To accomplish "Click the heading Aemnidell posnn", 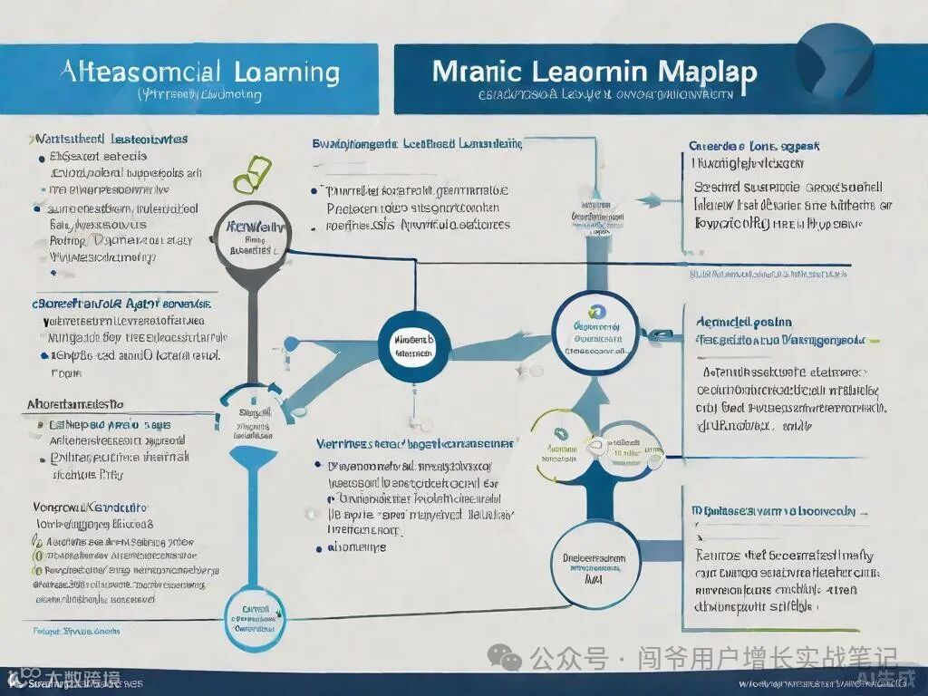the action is tap(744, 322).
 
